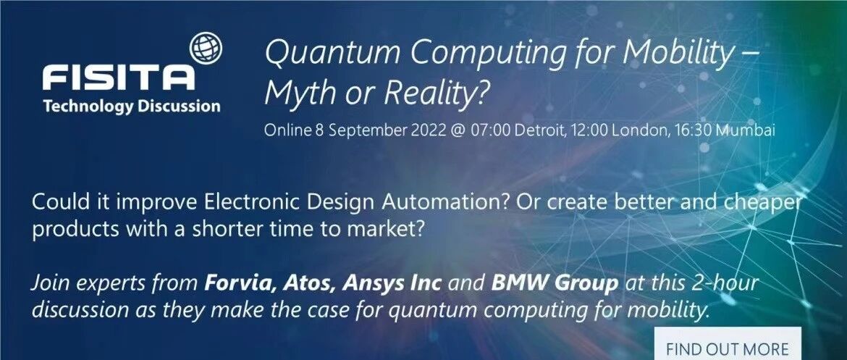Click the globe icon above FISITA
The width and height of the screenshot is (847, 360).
click(x=206, y=47)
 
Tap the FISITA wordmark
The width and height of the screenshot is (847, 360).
click(x=118, y=78)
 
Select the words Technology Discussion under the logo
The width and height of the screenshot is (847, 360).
click(x=132, y=106)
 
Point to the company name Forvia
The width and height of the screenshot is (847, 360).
click(x=235, y=283)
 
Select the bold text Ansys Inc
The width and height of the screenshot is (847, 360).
click(x=392, y=283)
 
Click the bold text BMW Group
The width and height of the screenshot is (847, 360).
click(x=555, y=283)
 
